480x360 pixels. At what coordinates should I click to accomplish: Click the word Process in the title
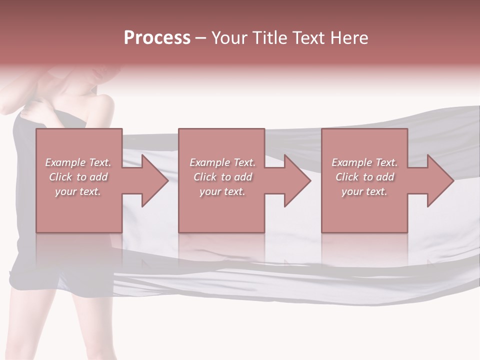click(x=157, y=38)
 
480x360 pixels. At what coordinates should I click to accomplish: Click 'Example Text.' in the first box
click(x=78, y=162)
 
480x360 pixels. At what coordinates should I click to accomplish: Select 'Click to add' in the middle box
click(x=223, y=177)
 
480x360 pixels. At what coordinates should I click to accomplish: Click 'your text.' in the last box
click(x=364, y=191)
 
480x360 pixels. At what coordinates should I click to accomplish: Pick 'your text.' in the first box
click(x=78, y=191)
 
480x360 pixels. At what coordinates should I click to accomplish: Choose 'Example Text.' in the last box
click(x=364, y=162)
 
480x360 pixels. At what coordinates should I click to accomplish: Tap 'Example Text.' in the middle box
click(x=223, y=162)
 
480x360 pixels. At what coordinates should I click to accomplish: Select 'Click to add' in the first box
click(x=78, y=177)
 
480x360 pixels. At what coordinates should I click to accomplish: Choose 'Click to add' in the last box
click(x=364, y=177)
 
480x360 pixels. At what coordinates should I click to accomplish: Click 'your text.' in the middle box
click(x=223, y=191)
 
